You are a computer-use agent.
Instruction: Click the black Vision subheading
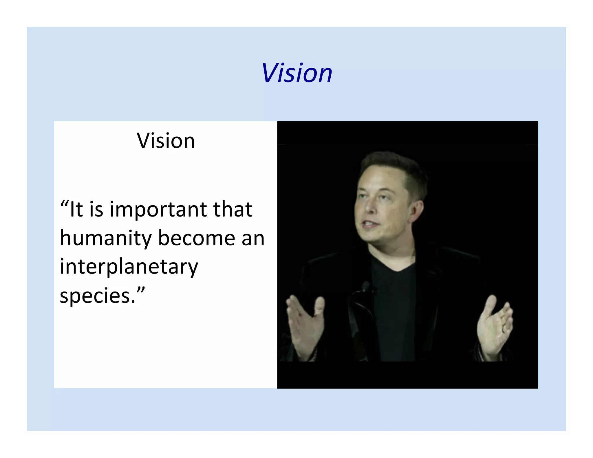pos(166,141)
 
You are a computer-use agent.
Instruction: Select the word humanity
pos(106,238)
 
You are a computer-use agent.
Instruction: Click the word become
pos(197,238)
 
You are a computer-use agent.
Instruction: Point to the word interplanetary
pos(129,267)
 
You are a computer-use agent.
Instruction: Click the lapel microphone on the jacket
pos(365,286)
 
